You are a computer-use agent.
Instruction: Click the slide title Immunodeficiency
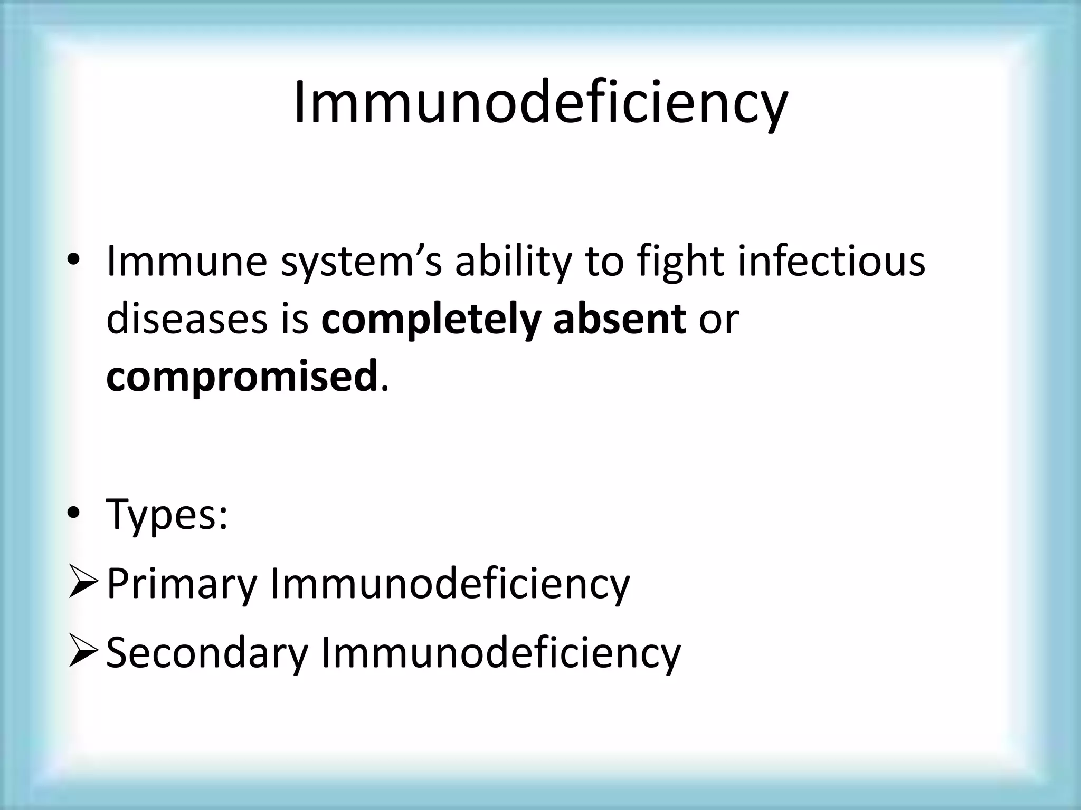pyautogui.click(x=540, y=103)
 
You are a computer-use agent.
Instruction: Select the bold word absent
pyautogui.click(x=620, y=320)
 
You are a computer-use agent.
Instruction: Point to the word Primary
pyautogui.click(x=182, y=584)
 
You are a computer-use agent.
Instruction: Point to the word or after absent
pyautogui.click(x=718, y=321)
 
